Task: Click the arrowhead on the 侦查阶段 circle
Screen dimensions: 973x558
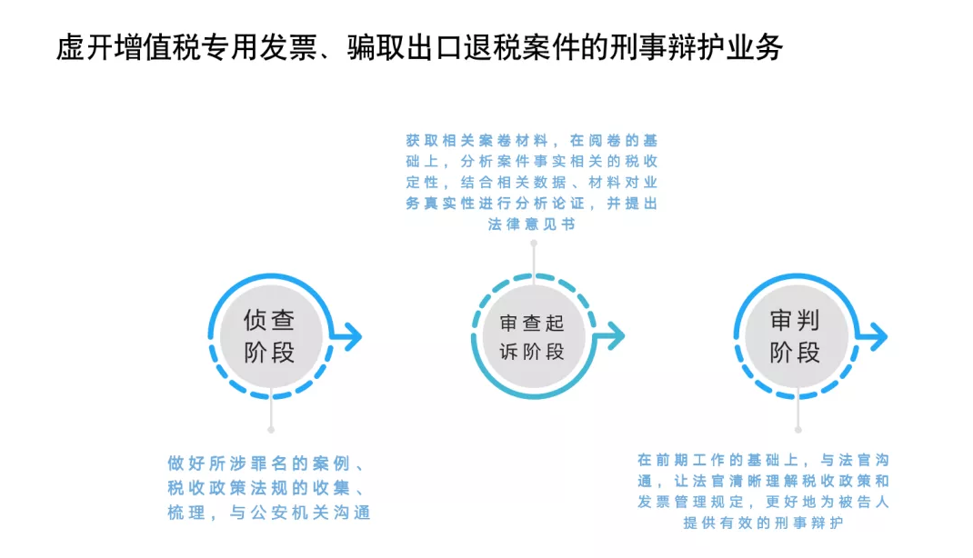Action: [x=351, y=336]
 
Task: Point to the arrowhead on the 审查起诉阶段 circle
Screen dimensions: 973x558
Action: [x=615, y=336]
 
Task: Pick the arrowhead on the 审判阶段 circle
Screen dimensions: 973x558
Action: [x=878, y=336]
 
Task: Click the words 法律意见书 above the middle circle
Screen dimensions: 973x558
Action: [x=532, y=224]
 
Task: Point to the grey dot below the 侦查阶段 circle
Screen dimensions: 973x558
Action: [x=271, y=430]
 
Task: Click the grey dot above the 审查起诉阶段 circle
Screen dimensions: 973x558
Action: [x=534, y=243]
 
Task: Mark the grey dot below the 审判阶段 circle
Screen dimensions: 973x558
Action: [x=798, y=430]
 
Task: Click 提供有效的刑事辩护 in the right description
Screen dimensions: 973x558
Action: [x=763, y=523]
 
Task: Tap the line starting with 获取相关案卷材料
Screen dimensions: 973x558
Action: [x=532, y=141]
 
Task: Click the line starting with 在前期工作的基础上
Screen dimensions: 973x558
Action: [x=763, y=460]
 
